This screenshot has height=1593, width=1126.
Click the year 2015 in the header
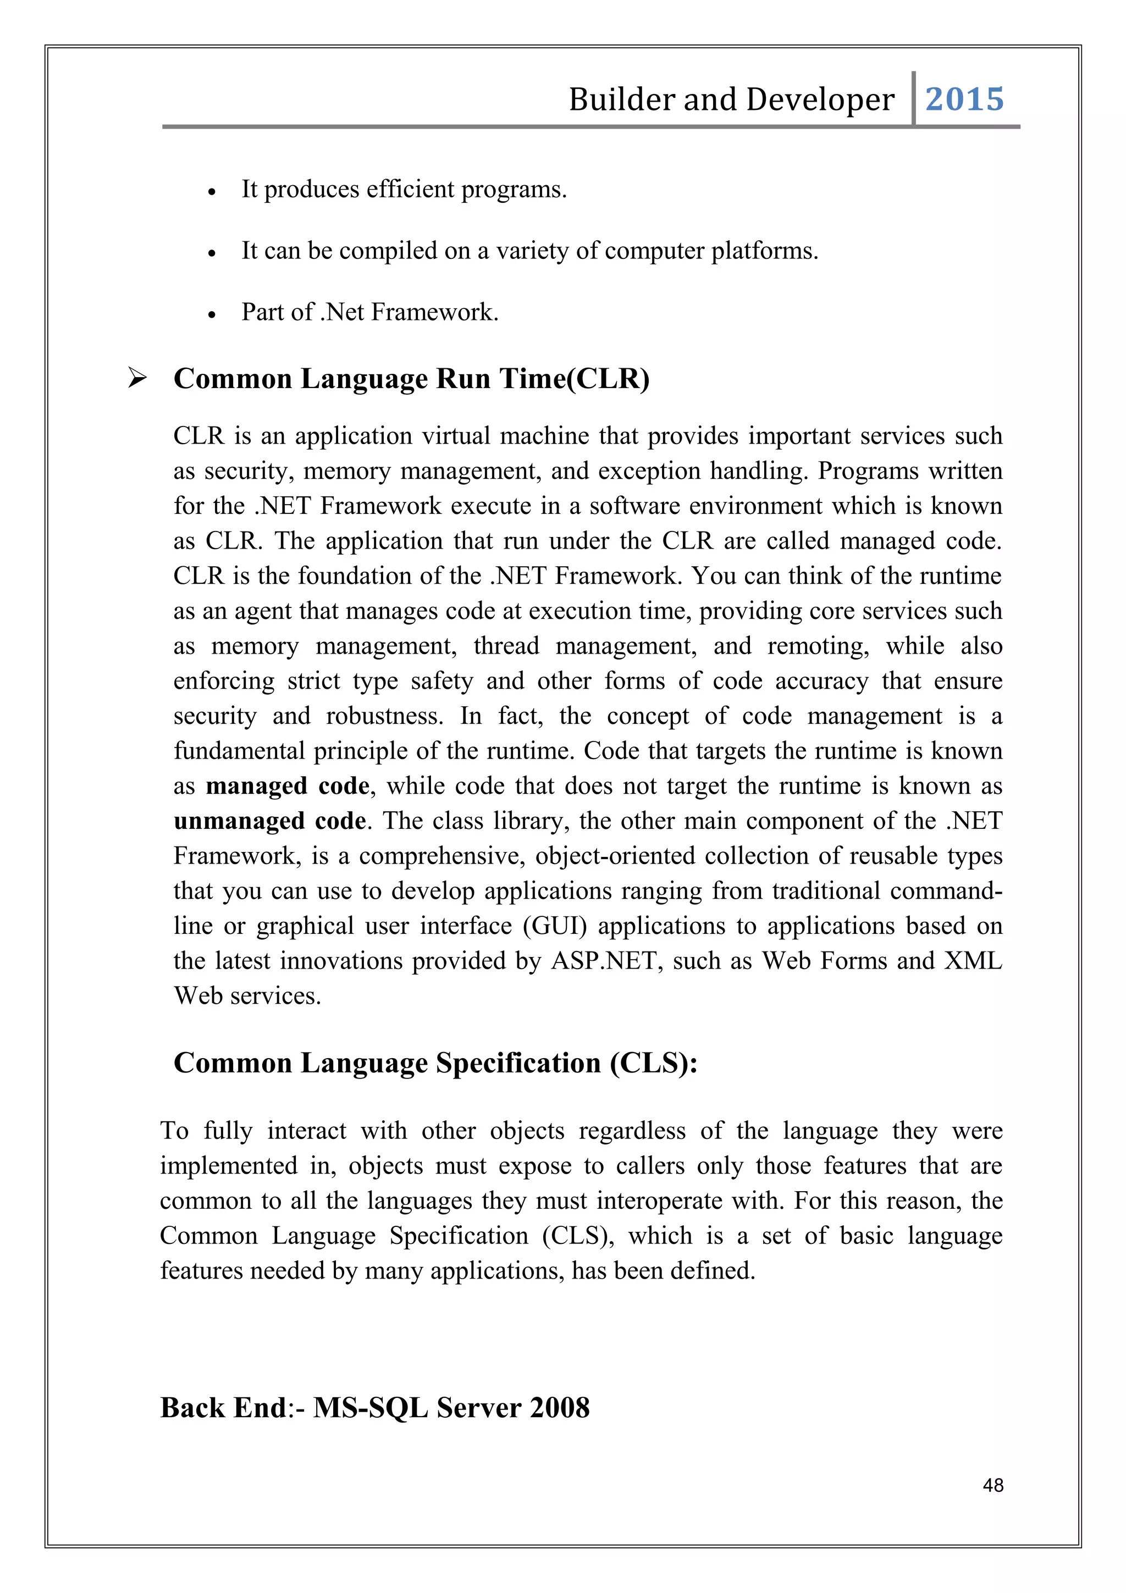(x=964, y=99)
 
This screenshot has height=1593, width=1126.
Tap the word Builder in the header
(x=621, y=99)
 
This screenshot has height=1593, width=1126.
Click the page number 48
(x=993, y=1485)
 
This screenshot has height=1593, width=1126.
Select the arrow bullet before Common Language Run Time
(x=137, y=379)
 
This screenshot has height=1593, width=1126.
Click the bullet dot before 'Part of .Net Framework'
(x=212, y=315)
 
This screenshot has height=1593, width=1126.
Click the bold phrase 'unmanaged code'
(x=269, y=821)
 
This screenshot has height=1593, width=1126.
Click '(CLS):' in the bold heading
(x=654, y=1063)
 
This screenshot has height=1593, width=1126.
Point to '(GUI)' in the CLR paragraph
(x=555, y=926)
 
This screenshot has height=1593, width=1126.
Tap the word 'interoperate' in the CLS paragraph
(x=659, y=1201)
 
